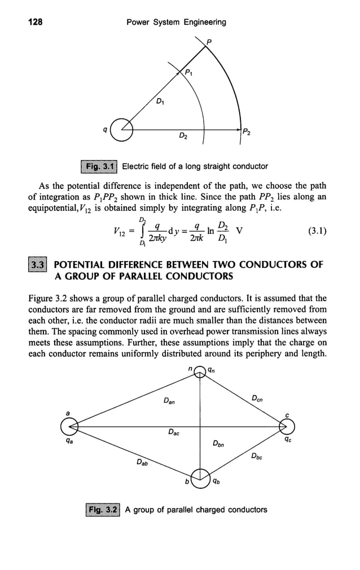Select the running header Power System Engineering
[x=176, y=22]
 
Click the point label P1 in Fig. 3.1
[x=191, y=72]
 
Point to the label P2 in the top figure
[x=247, y=131]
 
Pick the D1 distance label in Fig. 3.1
[x=161, y=101]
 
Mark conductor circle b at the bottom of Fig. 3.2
[x=200, y=478]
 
